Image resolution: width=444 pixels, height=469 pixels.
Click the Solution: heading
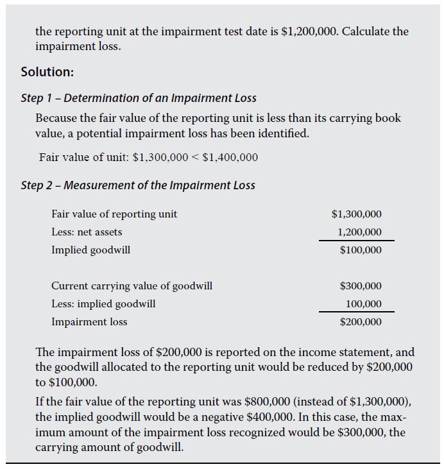[47, 72]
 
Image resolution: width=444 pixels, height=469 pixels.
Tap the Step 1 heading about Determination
[139, 98]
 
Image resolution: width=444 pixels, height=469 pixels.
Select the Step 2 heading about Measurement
[138, 185]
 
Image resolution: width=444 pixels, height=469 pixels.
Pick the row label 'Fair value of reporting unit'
[114, 214]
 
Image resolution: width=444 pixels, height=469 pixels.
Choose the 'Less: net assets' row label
[87, 232]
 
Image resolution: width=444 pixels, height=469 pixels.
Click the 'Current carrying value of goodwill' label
[132, 286]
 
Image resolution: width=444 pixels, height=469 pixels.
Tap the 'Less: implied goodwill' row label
[103, 303]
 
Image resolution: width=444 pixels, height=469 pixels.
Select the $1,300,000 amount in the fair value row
[356, 214]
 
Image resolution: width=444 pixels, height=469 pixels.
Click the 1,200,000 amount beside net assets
[359, 232]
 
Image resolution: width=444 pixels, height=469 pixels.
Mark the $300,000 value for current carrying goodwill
[360, 286]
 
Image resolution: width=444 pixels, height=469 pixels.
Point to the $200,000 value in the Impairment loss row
[360, 321]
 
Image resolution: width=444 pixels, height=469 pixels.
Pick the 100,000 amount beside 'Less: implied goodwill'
[363, 303]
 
